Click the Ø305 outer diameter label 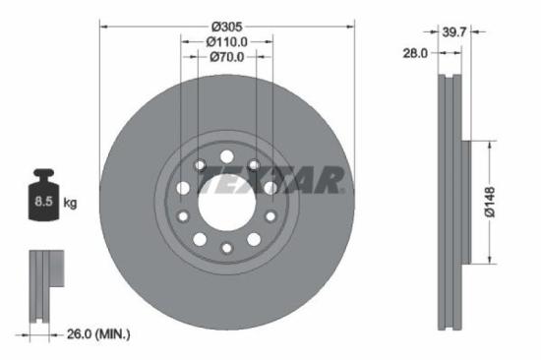(x=226, y=25)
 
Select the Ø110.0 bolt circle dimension (x=226, y=42)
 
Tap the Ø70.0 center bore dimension (x=226, y=58)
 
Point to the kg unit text (x=70, y=204)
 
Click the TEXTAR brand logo (x=270, y=181)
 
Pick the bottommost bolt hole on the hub (x=226, y=248)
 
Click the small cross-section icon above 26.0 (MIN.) (x=42, y=285)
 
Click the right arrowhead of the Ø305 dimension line (x=350, y=26)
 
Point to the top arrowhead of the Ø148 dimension (x=488, y=144)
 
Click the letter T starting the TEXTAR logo (x=208, y=181)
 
